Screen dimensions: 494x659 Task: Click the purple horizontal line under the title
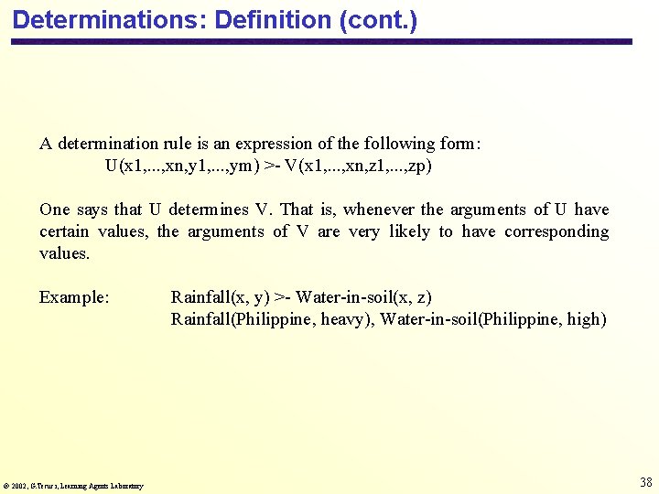[x=320, y=41]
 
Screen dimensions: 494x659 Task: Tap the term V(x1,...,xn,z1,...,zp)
[x=358, y=166]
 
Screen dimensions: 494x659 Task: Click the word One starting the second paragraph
[x=55, y=209]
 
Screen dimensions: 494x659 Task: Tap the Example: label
[x=74, y=297]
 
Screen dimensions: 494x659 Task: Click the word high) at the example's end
[x=587, y=319]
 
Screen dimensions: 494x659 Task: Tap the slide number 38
[x=645, y=482]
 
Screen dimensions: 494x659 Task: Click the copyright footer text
[x=73, y=486]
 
